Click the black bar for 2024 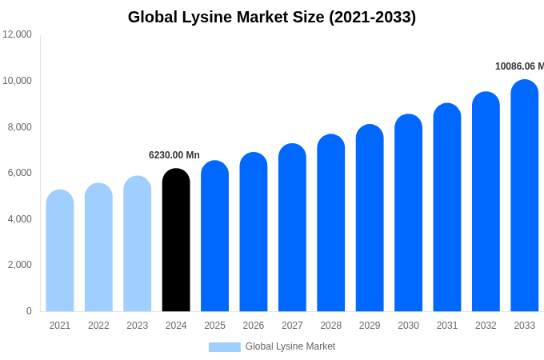tap(176, 240)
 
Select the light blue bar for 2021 tap(60, 252)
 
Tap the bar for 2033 tap(524, 196)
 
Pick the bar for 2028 tap(331, 224)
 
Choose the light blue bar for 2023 tap(138, 244)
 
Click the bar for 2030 tap(408, 214)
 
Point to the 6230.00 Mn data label tap(174, 155)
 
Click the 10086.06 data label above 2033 tap(518, 66)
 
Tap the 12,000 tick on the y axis tap(18, 34)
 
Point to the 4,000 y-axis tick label tap(18, 219)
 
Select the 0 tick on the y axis tap(29, 311)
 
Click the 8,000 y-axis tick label tap(18, 126)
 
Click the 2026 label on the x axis tap(254, 326)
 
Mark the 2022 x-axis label tap(98, 326)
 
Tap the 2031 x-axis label tap(447, 326)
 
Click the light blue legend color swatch tap(225, 347)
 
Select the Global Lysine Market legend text tap(290, 346)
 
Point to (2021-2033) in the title tap(373, 17)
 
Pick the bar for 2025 tap(214, 237)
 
